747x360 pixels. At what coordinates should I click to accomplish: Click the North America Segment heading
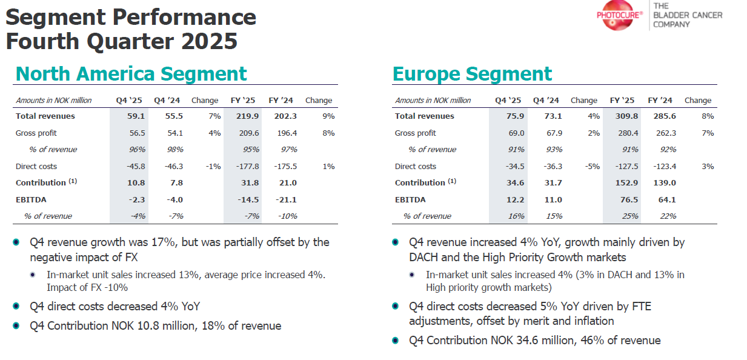[131, 73]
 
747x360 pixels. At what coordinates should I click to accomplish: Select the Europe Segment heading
[472, 73]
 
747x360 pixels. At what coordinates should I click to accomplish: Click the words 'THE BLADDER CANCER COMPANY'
[688, 15]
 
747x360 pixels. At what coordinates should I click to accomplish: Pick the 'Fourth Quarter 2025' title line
[121, 42]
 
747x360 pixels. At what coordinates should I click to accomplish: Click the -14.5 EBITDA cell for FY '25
[247, 199]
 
